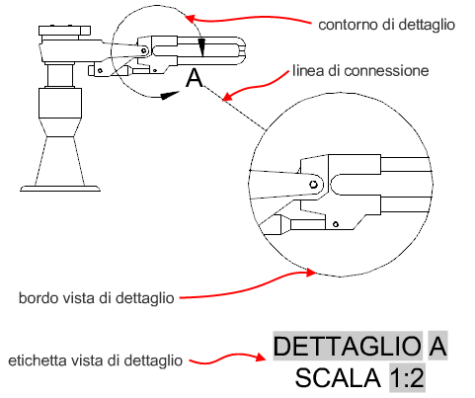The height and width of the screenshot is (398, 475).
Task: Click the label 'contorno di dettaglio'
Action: click(386, 25)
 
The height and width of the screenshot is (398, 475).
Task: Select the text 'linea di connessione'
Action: click(360, 71)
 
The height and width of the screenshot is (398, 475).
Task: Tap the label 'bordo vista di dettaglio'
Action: click(97, 298)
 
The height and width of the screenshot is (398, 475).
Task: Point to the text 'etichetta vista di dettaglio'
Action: click(95, 360)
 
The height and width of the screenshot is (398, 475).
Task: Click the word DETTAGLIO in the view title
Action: click(348, 346)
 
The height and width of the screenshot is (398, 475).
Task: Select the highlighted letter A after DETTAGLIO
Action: click(437, 346)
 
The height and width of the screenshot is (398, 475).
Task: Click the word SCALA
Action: click(338, 378)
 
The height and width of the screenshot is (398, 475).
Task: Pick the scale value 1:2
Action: click(407, 378)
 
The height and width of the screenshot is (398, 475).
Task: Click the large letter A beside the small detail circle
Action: click(195, 78)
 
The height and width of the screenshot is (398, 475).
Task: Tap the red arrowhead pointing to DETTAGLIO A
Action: click(260, 358)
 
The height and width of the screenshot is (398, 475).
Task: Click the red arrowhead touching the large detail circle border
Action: click(310, 273)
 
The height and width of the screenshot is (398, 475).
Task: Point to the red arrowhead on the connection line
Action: click(227, 96)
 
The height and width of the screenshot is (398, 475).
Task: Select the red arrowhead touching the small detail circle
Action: click(191, 18)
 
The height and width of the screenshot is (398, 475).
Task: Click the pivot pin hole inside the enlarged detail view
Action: click(313, 185)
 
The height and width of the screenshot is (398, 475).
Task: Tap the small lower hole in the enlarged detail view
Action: click(336, 224)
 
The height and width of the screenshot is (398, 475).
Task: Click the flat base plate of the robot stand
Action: click(60, 189)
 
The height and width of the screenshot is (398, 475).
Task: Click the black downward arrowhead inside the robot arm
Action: click(202, 47)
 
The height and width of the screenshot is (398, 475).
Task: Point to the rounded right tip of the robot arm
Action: click(242, 50)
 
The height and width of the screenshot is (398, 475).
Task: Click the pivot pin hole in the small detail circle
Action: click(143, 50)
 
